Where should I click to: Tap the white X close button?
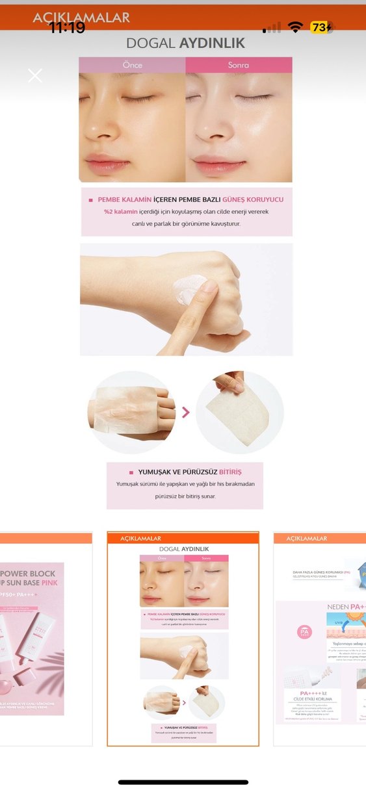pos(35,75)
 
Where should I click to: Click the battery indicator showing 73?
pos(321,27)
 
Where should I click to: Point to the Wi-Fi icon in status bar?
pos(296,27)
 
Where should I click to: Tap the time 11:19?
pos(66,27)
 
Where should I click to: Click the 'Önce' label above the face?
pos(132,65)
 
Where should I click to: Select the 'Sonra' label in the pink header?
pos(239,65)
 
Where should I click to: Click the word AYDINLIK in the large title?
pos(213,44)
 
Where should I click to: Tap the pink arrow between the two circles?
pos(186,412)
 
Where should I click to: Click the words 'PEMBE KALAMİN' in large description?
pos(125,199)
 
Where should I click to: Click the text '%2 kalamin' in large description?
pos(121,212)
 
